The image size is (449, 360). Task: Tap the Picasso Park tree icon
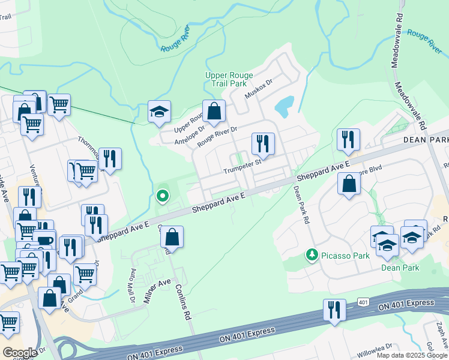pos(312,256)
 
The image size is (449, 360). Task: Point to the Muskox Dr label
pos(259,91)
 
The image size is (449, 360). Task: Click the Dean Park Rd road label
pos(301,204)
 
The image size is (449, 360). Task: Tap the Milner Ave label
pos(157,291)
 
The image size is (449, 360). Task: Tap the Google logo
pos(20,353)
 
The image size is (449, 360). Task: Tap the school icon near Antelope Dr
pos(160,112)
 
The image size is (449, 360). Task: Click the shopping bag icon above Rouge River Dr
pos(214,110)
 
